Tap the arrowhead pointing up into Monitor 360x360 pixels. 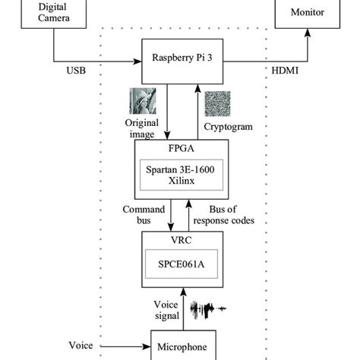(x=308, y=33)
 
